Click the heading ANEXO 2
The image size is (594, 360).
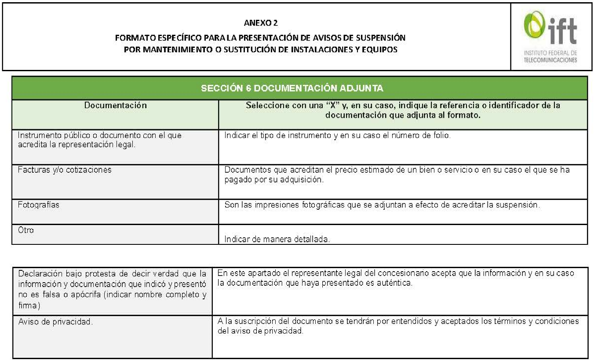[260, 23]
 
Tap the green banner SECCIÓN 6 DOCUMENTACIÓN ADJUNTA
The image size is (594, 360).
[292, 88]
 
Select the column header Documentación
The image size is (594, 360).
[116, 105]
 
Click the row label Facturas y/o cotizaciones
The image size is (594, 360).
[65, 170]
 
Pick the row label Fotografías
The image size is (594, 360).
[39, 205]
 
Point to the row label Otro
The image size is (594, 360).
[26, 230]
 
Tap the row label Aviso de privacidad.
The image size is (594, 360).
[55, 322]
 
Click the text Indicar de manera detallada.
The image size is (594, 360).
[277, 240]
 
